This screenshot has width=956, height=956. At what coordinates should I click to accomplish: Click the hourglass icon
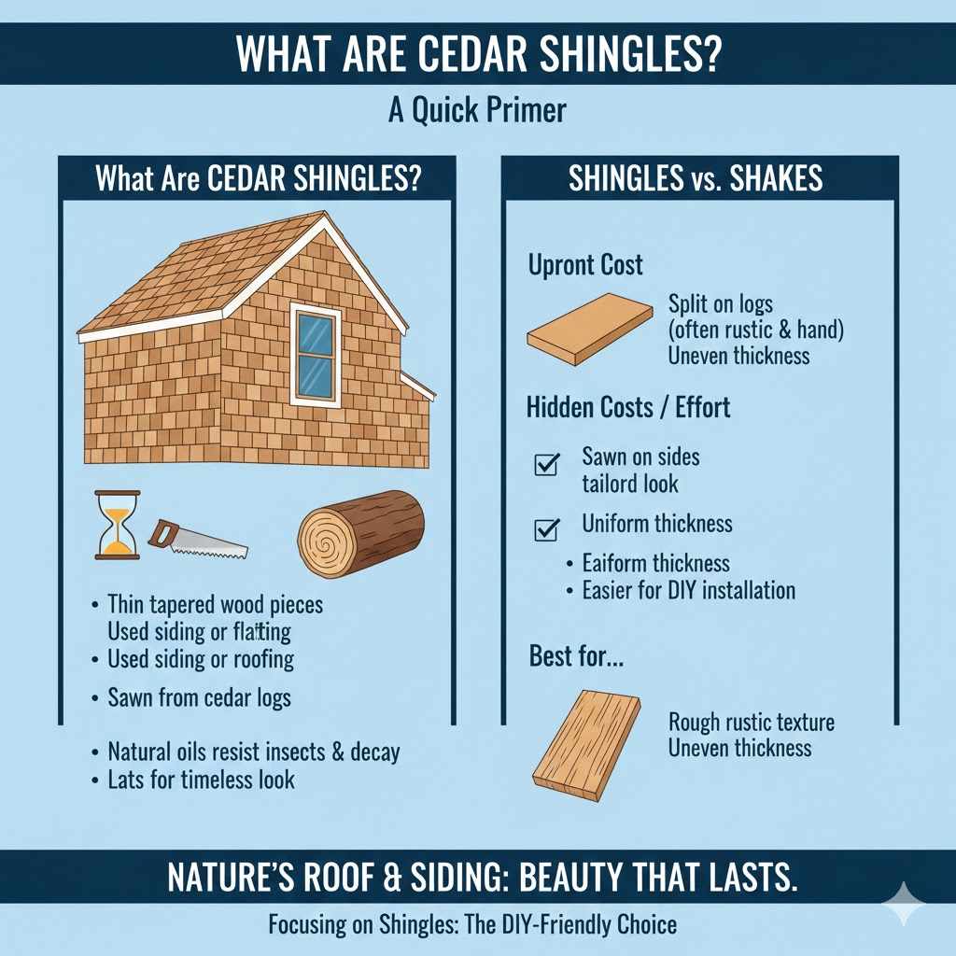[117, 525]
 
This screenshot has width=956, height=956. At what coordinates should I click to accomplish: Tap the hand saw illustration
[197, 539]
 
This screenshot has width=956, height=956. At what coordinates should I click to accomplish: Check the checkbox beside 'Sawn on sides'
[545, 463]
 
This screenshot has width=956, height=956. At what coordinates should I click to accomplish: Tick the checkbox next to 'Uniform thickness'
[545, 529]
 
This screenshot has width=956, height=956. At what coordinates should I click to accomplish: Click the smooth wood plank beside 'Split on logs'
[589, 328]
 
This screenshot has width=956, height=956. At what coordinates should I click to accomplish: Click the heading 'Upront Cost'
[585, 265]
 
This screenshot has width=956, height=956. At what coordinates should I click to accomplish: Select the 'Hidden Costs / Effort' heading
[627, 407]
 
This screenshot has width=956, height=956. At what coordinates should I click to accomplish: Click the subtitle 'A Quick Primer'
[477, 110]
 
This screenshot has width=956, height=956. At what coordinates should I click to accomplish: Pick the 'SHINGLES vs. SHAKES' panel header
[696, 179]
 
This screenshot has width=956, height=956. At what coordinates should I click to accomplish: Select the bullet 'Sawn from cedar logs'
[199, 696]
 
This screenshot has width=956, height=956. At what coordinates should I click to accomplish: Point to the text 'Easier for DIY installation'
[688, 590]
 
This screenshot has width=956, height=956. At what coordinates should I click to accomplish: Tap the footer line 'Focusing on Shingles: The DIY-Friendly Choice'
[471, 924]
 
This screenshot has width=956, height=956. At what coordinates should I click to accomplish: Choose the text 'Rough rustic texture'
[751, 723]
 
